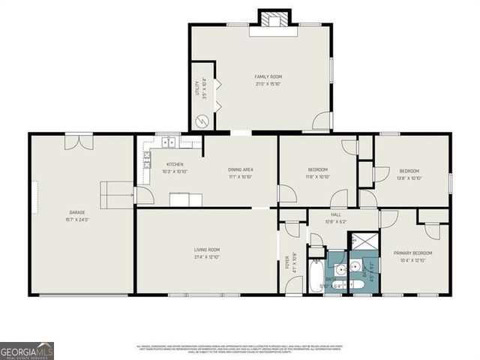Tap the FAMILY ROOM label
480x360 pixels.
click(268, 76)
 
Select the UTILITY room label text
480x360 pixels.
click(197, 88)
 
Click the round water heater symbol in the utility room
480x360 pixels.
click(201, 121)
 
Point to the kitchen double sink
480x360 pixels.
click(169, 141)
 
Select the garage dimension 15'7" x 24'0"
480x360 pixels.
click(78, 220)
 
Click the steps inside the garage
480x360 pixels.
click(116, 195)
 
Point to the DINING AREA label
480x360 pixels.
click(240, 169)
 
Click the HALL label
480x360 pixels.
click(335, 214)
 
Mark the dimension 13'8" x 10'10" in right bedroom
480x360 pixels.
click(410, 178)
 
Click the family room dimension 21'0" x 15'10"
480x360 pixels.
click(268, 84)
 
